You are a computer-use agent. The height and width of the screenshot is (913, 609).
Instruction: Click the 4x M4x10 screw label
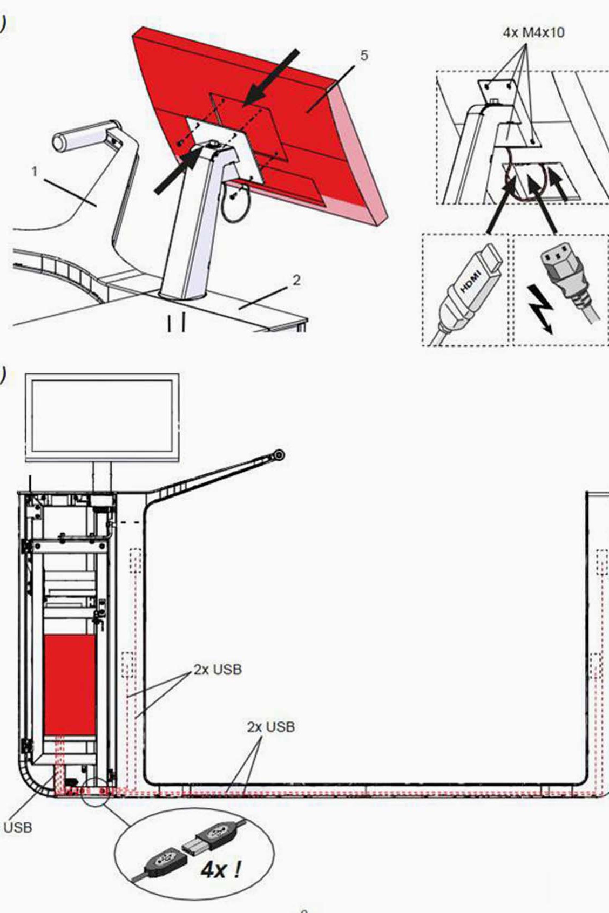(x=533, y=32)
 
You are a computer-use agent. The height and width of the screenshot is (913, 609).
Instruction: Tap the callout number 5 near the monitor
(x=364, y=56)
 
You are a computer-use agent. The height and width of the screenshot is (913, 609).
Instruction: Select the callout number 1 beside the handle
(x=35, y=172)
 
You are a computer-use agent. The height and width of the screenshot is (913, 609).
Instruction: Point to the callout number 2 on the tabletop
(x=296, y=280)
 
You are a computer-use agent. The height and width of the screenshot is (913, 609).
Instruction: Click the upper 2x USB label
(x=218, y=669)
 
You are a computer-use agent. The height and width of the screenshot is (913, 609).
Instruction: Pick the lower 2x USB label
(x=271, y=727)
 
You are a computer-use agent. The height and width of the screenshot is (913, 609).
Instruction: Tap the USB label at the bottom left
(x=17, y=827)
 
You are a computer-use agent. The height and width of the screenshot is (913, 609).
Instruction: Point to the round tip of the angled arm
(x=279, y=454)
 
